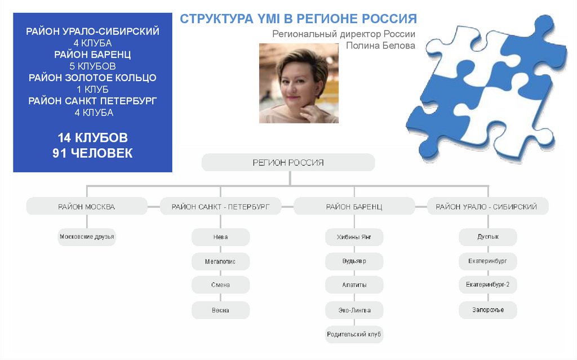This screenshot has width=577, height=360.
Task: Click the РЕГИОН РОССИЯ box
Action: pyautogui.click(x=288, y=162)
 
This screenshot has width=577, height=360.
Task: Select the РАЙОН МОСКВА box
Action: pyautogui.click(x=86, y=207)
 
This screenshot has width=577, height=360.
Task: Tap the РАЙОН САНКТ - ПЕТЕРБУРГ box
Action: pyautogui.click(x=220, y=207)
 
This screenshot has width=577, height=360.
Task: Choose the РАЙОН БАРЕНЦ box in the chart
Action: pyautogui.click(x=354, y=207)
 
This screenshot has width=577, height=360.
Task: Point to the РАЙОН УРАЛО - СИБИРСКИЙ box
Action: pyautogui.click(x=486, y=207)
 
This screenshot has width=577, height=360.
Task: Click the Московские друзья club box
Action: pyautogui.click(x=87, y=237)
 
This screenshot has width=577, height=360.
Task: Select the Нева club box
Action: pyautogui.click(x=220, y=237)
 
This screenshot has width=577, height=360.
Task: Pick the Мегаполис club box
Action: pyautogui.click(x=220, y=261)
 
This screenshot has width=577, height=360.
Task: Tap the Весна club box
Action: pyautogui.click(x=220, y=310)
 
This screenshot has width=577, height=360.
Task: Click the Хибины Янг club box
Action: pyautogui.click(x=354, y=237)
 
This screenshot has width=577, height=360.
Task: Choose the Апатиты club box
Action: pyautogui.click(x=354, y=285)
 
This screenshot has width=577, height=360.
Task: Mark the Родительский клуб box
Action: pyautogui.click(x=354, y=335)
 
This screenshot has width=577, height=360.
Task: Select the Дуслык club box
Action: pyautogui.click(x=487, y=237)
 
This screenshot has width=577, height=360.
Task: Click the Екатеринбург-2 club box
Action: pyautogui.click(x=487, y=285)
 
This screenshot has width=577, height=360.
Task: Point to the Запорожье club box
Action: pyautogui.click(x=487, y=310)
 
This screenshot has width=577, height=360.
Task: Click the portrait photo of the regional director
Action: pyautogui.click(x=299, y=83)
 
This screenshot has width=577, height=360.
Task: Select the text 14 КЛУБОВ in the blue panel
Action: pyautogui.click(x=92, y=137)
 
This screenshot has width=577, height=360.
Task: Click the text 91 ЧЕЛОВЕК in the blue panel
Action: pyautogui.click(x=92, y=153)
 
